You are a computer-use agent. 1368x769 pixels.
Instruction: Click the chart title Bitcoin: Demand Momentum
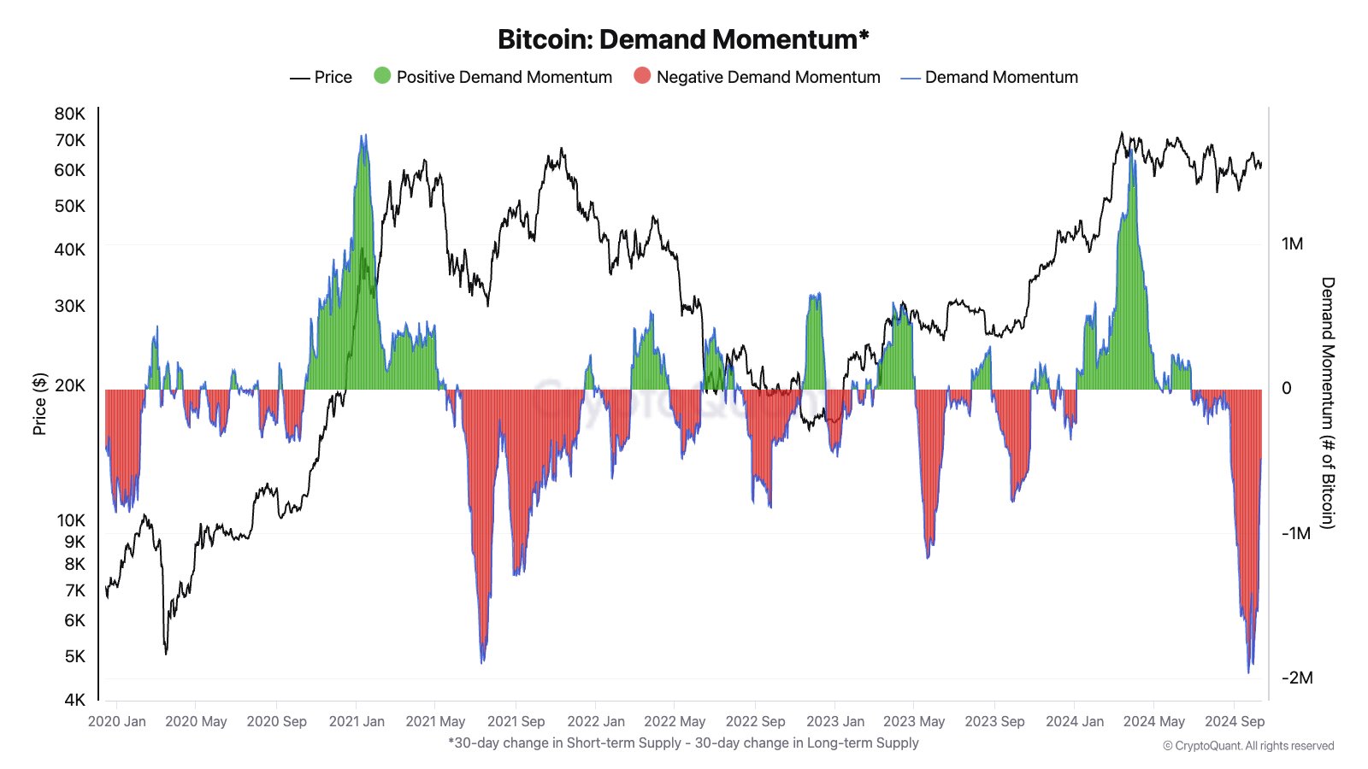(683, 39)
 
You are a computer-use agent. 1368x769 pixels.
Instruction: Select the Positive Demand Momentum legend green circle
(382, 76)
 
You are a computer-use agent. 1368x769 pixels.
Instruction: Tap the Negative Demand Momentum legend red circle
(642, 76)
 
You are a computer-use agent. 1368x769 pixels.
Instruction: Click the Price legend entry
(321, 77)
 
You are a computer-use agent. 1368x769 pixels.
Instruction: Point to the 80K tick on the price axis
(70, 114)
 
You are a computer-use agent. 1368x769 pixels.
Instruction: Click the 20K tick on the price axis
(70, 385)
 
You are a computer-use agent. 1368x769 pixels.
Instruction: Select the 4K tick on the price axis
(75, 700)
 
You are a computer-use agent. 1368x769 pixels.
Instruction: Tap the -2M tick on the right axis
(1297, 678)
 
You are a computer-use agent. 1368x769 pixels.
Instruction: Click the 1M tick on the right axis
(1292, 244)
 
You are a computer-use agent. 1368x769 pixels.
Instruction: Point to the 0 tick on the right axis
(1287, 389)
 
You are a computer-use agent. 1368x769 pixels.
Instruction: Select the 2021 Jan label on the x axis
(357, 721)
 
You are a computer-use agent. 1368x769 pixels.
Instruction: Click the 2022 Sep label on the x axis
(755, 721)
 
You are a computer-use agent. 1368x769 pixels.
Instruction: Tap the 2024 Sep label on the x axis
(1235, 721)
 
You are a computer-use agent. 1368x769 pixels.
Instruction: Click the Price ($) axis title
(39, 404)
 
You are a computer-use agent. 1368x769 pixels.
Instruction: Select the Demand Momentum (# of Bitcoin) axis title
(1327, 402)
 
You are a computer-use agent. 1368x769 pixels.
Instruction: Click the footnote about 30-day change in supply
(683, 743)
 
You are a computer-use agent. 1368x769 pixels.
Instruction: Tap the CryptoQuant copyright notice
(1248, 746)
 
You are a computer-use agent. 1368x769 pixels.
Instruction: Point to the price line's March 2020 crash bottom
(166, 653)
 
